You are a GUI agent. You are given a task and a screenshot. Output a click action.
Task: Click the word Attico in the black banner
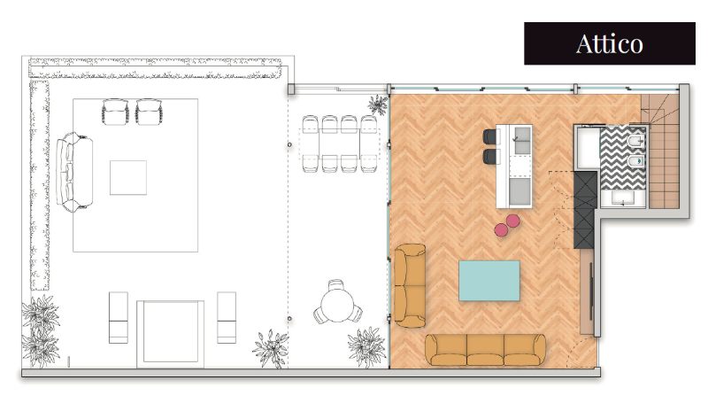(x=609, y=44)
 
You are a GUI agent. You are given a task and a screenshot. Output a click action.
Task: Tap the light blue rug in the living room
(x=489, y=280)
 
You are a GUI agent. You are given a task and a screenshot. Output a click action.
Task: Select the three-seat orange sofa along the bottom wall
(x=485, y=350)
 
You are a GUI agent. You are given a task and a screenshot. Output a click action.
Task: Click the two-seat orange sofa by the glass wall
(x=410, y=285)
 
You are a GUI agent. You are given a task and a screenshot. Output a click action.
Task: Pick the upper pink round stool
(x=512, y=221)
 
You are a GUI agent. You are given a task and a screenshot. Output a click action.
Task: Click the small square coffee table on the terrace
(x=128, y=178)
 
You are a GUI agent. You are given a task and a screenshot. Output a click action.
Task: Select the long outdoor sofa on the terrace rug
(x=74, y=172)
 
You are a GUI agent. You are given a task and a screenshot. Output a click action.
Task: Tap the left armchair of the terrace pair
(x=115, y=112)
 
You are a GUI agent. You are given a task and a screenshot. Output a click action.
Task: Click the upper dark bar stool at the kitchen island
(x=489, y=136)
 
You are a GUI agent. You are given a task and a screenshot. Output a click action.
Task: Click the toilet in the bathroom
(x=635, y=142)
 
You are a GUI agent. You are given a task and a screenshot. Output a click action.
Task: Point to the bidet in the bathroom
(x=636, y=160)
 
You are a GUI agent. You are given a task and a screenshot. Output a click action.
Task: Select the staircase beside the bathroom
(x=660, y=151)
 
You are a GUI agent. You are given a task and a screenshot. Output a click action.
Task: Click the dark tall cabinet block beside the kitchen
(x=585, y=209)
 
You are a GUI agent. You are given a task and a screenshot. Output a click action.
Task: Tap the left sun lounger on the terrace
(x=119, y=317)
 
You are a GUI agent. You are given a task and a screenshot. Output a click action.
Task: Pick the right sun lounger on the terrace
(x=227, y=317)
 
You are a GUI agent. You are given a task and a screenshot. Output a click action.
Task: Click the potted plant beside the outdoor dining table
(x=378, y=105)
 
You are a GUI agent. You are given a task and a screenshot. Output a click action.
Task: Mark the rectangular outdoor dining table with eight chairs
(x=339, y=143)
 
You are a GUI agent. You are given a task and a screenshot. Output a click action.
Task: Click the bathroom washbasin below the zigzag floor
(x=624, y=198)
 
